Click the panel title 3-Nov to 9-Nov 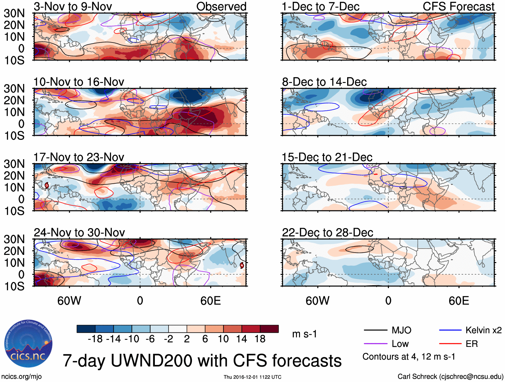click(73, 6)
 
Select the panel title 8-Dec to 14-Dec click(324, 82)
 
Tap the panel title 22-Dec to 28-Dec click(327, 232)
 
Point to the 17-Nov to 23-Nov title click(79, 157)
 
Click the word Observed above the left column click(221, 6)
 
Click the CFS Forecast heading click(458, 6)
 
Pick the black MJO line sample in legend click(375, 330)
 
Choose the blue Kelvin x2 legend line click(450, 330)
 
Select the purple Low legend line click(375, 344)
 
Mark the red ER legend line click(450, 344)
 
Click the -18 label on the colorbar click(95, 339)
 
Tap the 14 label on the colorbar click(241, 339)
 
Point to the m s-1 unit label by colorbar click(304, 334)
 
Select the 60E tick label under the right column click(459, 301)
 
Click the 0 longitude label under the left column click(140, 301)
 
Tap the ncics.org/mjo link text click(21, 377)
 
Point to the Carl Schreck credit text click(450, 377)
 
